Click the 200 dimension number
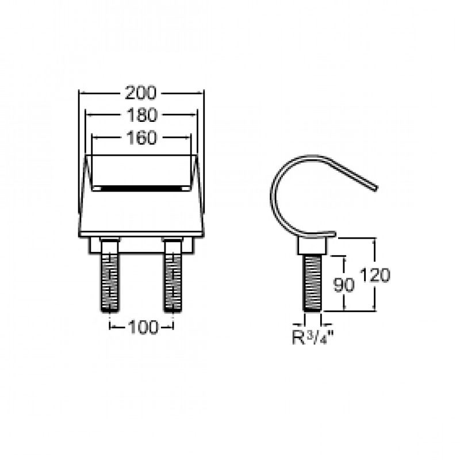pos(141,93)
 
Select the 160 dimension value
pos(141,137)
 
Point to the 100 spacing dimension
pos(143,327)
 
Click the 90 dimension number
pos(344,284)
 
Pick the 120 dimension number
pos(375,275)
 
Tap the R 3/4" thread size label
pos(313,338)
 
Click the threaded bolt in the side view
pos(312,283)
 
